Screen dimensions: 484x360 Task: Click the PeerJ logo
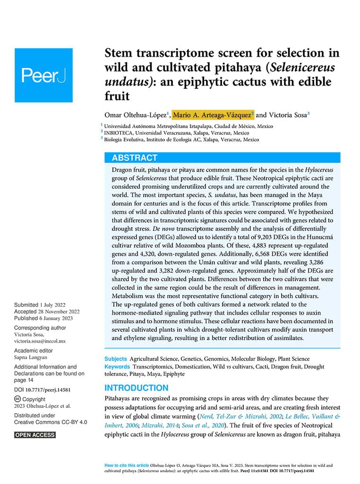[43, 75]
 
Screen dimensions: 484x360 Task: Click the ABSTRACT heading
[135, 158]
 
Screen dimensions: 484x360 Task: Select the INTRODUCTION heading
[136, 388]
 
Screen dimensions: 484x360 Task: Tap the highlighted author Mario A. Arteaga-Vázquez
[213, 115]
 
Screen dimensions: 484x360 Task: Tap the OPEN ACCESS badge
[35, 435]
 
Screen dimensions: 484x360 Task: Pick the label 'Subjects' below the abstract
[115, 359]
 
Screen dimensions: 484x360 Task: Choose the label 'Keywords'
[117, 366]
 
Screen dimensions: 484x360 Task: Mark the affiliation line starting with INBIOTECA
[177, 133]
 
